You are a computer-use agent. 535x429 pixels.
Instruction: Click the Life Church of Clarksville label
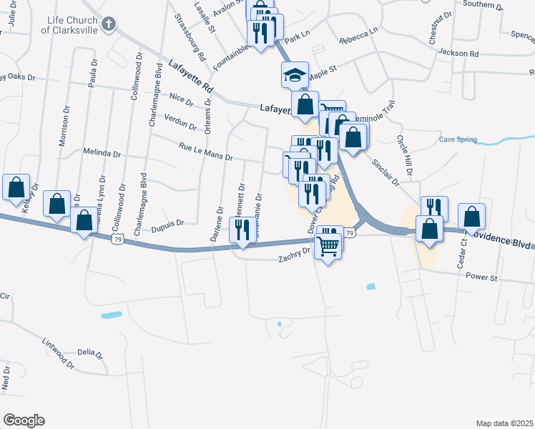click(x=69, y=26)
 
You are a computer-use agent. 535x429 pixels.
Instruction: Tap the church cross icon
click(x=108, y=25)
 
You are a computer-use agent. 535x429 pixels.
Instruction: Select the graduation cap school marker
click(x=293, y=74)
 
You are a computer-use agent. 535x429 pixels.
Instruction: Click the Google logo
click(x=24, y=420)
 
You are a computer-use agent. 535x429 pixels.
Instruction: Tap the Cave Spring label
click(x=458, y=139)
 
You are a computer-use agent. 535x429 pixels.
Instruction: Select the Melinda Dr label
click(x=102, y=153)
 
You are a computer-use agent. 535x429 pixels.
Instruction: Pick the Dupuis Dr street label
click(x=168, y=224)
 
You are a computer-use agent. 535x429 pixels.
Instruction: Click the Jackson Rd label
click(x=458, y=53)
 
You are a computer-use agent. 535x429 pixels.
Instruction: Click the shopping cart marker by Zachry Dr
click(x=328, y=247)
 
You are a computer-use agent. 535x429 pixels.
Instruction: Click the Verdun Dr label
click(x=180, y=122)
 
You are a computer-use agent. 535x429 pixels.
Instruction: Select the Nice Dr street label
click(x=182, y=99)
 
